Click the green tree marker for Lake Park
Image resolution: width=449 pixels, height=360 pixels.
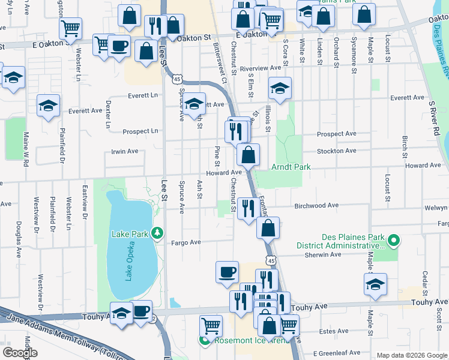click(x=157, y=232)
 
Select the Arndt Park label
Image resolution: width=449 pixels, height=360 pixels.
click(x=291, y=166)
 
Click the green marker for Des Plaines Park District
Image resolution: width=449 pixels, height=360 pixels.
click(x=394, y=241)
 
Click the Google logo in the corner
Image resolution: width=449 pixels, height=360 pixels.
click(x=20, y=352)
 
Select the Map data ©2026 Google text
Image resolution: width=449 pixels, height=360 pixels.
click(x=412, y=355)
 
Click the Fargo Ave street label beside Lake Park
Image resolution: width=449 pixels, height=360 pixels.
click(x=186, y=243)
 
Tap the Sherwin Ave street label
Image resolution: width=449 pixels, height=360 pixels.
click(x=322, y=254)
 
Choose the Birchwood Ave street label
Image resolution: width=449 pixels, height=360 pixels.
click(x=316, y=206)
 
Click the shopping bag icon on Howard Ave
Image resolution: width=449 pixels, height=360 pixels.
click(x=248, y=155)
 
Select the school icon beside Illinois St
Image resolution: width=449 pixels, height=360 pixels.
click(x=280, y=89)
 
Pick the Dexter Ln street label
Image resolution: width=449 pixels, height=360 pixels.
click(x=109, y=114)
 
